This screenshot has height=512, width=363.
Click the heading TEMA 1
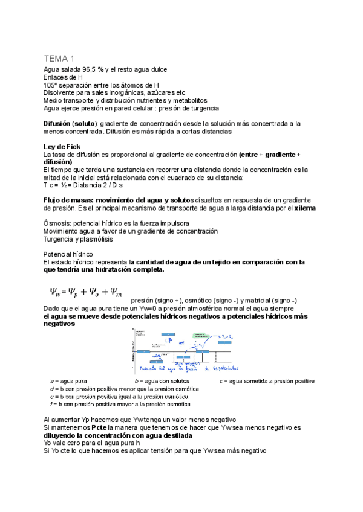(x=59, y=59)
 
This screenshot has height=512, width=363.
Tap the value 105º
(x=51, y=85)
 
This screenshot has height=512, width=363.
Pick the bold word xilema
(x=306, y=208)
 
